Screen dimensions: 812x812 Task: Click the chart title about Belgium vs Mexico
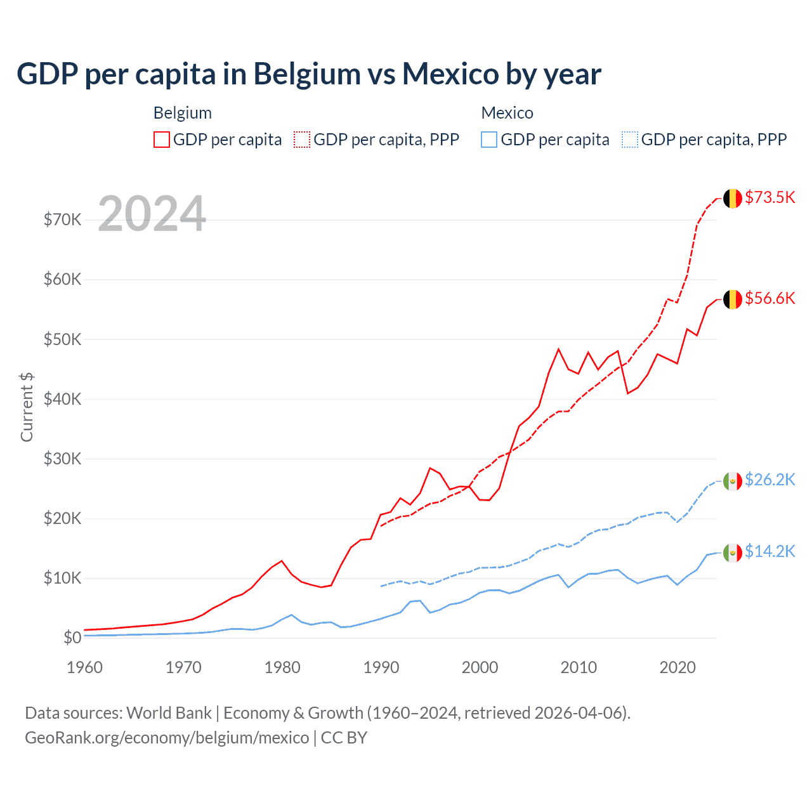coord(309,74)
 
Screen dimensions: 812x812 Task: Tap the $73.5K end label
coord(769,197)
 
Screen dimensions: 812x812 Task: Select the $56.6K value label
coord(769,298)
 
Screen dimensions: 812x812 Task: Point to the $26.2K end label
coord(769,480)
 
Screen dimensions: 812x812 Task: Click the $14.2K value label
coord(769,551)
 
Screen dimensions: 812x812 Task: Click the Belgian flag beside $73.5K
coord(733,198)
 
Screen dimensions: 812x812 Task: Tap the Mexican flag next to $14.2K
coord(733,553)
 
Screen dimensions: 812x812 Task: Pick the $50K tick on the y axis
coord(62,339)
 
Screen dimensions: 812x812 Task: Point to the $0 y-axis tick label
coord(72,638)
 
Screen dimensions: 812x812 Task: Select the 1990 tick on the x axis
coord(381,667)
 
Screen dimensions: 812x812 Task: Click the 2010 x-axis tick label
coord(579,667)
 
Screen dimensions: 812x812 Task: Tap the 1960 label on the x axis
coord(85,667)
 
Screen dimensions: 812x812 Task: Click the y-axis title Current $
coord(27,407)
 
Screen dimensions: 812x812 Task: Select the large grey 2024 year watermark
coord(152,214)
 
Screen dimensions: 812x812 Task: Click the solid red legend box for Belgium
coord(162,140)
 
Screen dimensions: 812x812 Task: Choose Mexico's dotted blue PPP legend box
coord(630,140)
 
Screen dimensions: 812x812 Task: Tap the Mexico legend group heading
coord(507,113)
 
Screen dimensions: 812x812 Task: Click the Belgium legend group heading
coord(183,113)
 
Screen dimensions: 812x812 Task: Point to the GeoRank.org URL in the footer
coord(167,738)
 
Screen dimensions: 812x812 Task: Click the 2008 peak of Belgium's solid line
coord(559,349)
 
